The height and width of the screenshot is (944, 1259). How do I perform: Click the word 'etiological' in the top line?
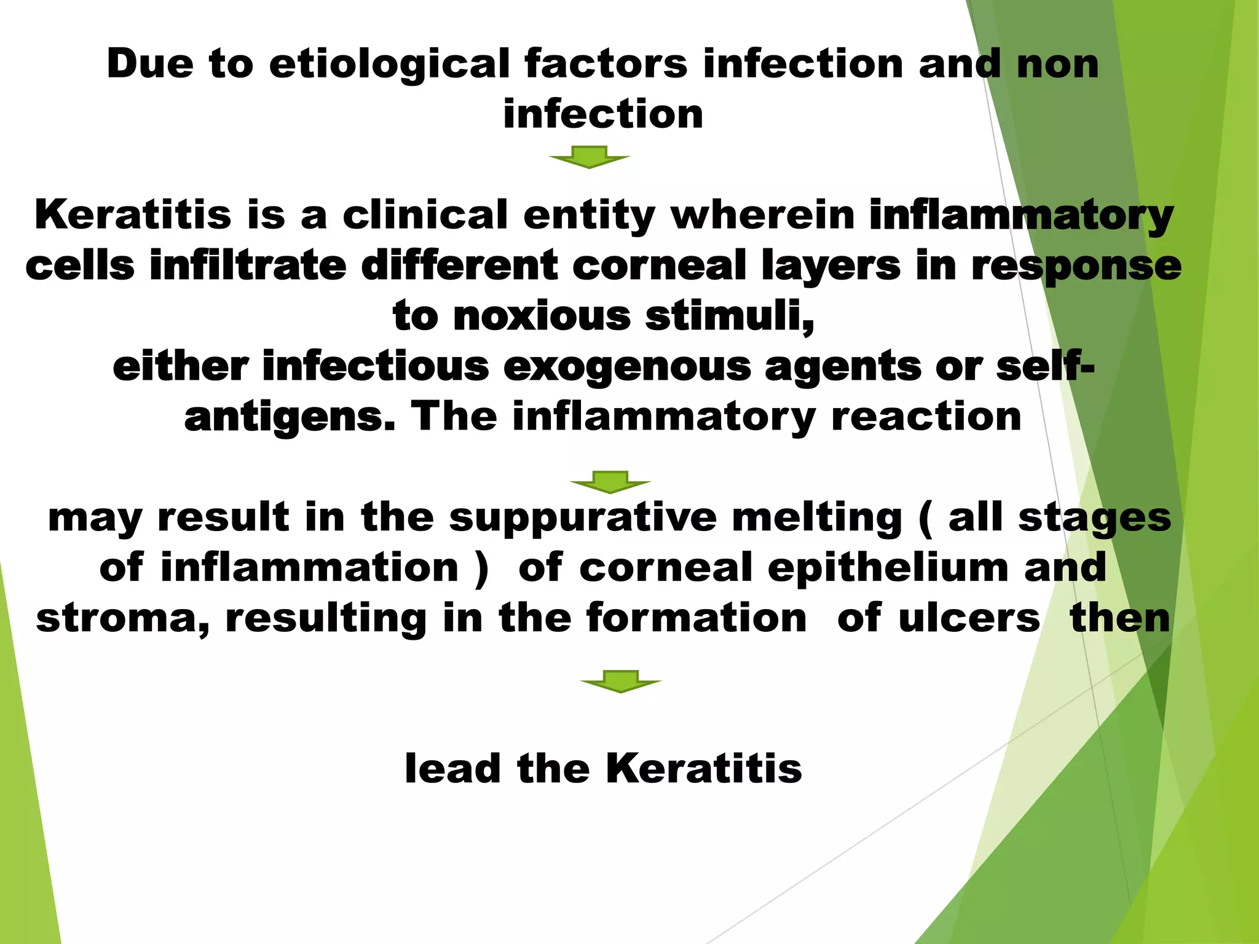389,65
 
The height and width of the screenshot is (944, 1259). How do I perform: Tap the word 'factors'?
606,63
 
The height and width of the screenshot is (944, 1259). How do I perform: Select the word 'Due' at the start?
150,63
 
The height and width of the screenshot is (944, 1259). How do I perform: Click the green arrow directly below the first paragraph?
589,157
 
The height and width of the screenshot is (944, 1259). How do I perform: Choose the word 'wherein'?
762,215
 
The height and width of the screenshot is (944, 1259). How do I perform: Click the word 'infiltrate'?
248,265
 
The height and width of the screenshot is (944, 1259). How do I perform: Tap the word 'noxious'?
542,316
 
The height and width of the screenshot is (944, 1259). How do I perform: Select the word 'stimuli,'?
730,317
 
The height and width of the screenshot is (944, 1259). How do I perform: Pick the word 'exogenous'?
627,367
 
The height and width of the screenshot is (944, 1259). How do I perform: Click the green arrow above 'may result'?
610,482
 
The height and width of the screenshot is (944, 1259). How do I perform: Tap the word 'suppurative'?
582,518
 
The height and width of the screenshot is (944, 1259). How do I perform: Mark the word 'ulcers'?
969,618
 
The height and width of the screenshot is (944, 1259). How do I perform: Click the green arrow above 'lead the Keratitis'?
621,681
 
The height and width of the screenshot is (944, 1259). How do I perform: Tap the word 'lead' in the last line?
453,768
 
